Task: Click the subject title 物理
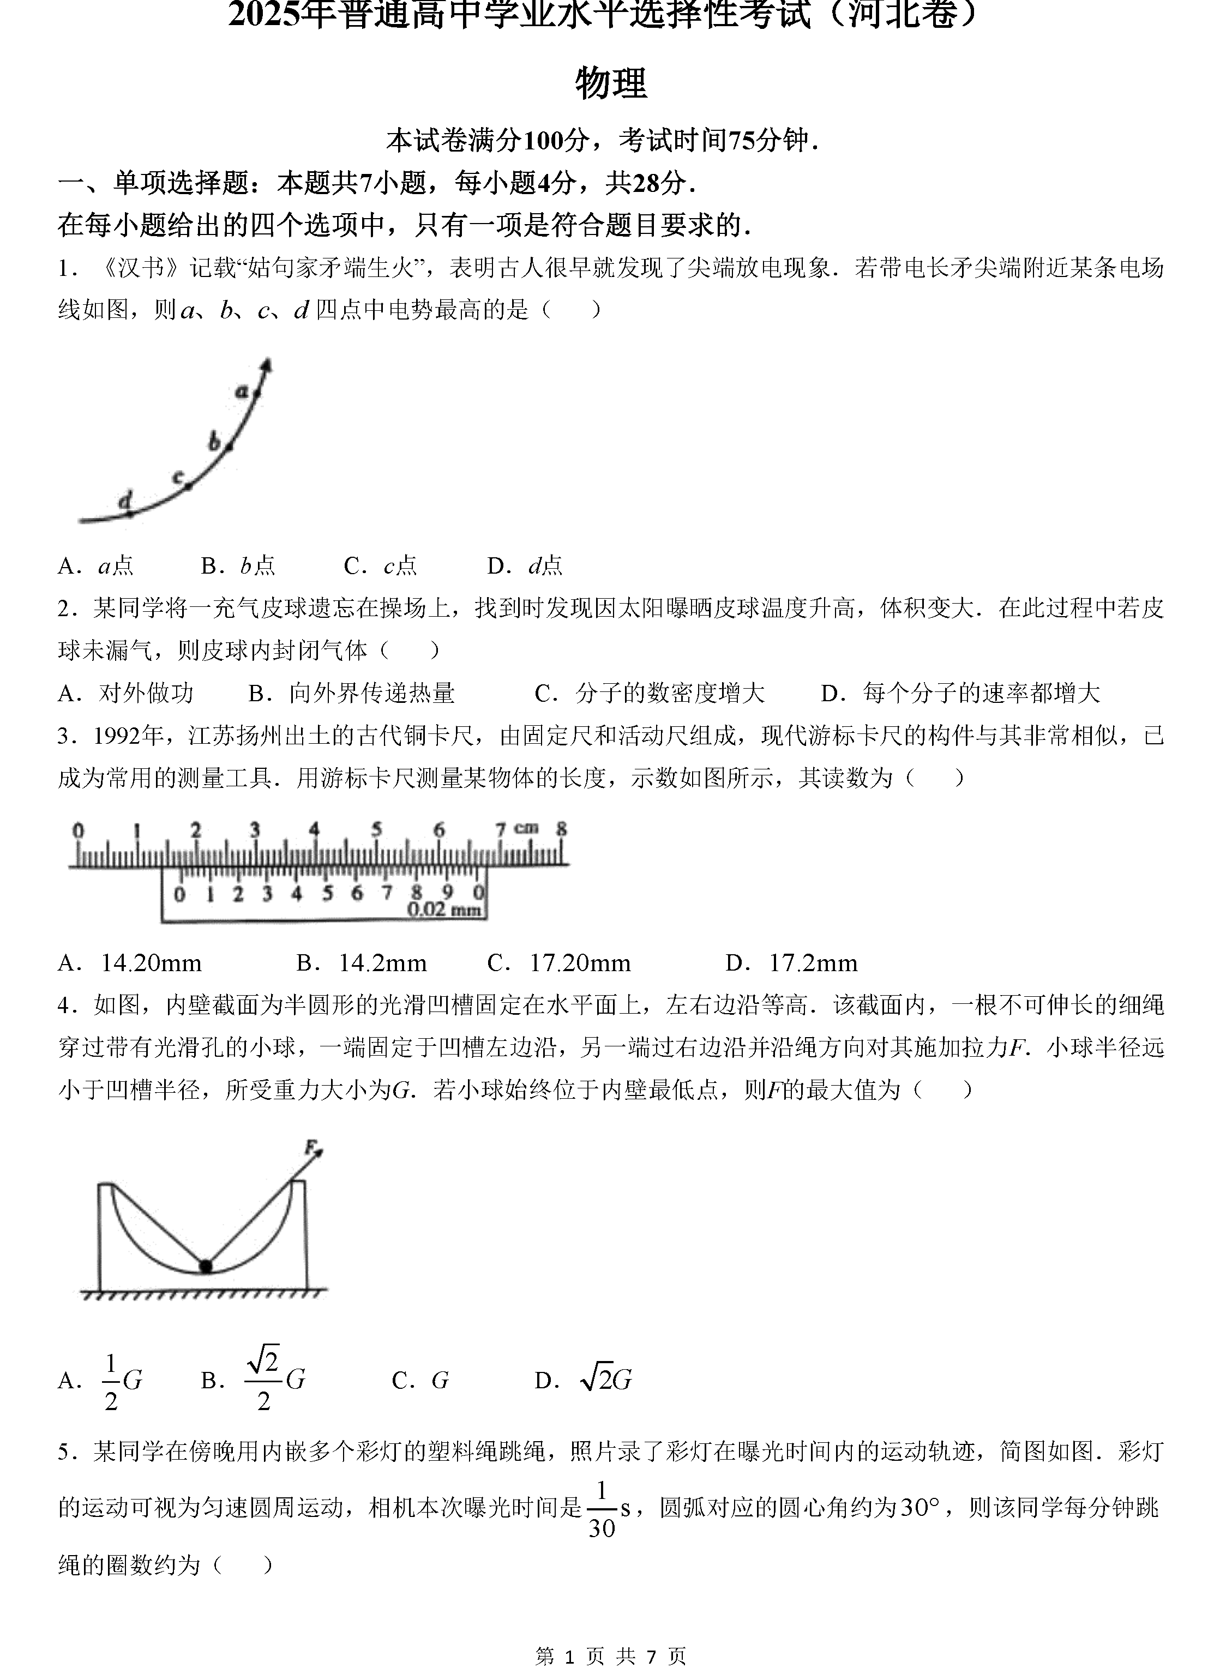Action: click(x=611, y=83)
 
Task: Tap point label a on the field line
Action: click(x=242, y=389)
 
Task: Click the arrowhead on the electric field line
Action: click(x=266, y=365)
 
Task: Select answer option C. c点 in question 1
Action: click(x=380, y=566)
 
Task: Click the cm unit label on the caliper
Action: click(x=526, y=827)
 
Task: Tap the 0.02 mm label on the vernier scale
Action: click(x=444, y=909)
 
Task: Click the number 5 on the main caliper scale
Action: click(x=377, y=829)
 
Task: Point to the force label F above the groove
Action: click(x=309, y=1145)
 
